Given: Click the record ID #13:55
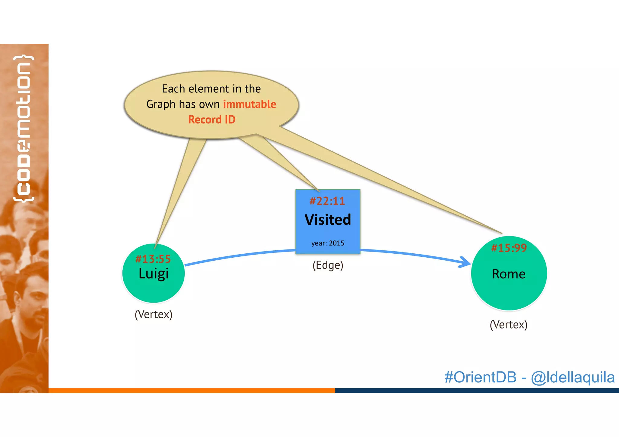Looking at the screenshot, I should point(153,259).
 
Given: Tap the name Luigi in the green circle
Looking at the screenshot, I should point(153,274).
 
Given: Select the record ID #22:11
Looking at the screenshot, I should point(327,201).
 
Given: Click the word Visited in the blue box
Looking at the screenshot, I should point(328,220).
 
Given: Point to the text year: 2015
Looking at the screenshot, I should point(328,243).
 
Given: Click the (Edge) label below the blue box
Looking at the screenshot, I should point(328,265).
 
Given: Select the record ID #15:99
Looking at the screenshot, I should point(509,248).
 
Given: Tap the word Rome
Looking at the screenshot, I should point(509,274).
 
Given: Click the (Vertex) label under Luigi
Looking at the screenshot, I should point(153,314).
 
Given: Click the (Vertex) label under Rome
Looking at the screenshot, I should point(508,325).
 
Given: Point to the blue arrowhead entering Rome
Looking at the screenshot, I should point(465,262).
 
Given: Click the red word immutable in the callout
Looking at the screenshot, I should point(249,104).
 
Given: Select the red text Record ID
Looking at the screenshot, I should point(212,120).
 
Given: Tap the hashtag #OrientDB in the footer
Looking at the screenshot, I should point(480,377).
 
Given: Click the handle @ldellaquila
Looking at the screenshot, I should point(572,377).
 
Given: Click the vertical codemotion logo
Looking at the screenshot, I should point(23,128).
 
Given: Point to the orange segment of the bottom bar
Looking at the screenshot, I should point(192,390).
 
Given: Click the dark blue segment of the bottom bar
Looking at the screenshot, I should point(477,390).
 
